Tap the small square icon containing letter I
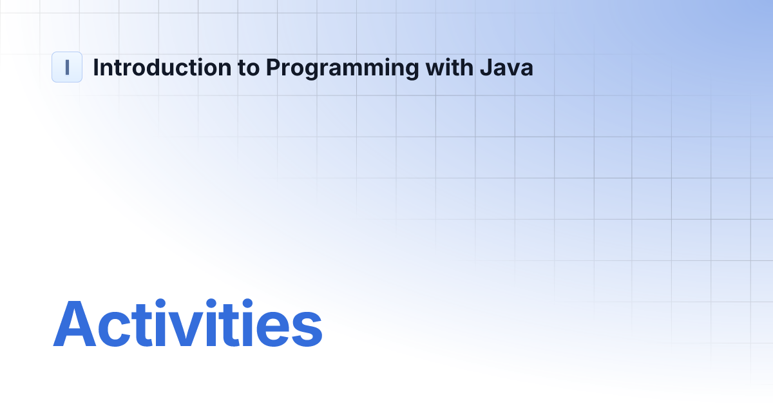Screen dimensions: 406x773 [x=67, y=67]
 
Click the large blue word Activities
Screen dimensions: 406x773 [x=187, y=324]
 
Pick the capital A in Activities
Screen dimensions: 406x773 [x=75, y=324]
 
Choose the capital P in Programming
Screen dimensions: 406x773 [x=273, y=68]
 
